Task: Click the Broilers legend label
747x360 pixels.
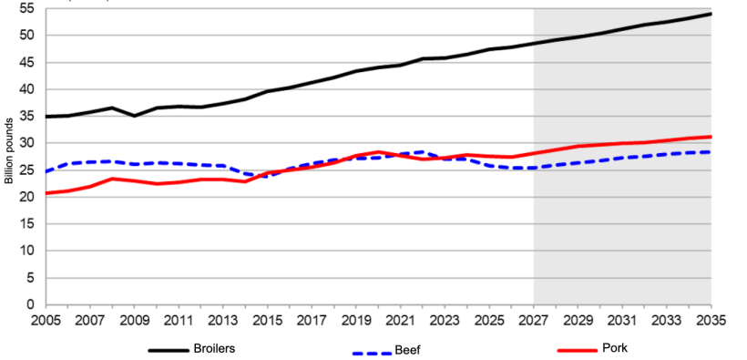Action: click(215, 348)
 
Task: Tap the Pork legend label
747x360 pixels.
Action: click(615, 348)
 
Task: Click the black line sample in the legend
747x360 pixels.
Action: click(168, 349)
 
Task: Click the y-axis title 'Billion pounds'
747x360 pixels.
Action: click(8, 150)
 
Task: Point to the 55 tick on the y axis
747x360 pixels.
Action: click(26, 8)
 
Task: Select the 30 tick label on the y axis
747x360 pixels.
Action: click(26, 143)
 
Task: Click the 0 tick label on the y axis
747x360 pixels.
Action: click(30, 304)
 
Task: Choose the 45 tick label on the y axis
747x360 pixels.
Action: click(26, 62)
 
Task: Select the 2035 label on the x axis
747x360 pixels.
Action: click(711, 322)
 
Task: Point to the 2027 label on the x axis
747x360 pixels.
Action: click(533, 322)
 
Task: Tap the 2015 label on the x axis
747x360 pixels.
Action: click(266, 322)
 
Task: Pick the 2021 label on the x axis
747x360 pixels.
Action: click(400, 322)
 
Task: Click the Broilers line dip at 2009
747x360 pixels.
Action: click(134, 116)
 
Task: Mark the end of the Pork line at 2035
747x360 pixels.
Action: click(711, 137)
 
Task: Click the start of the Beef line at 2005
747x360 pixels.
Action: click(45, 171)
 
